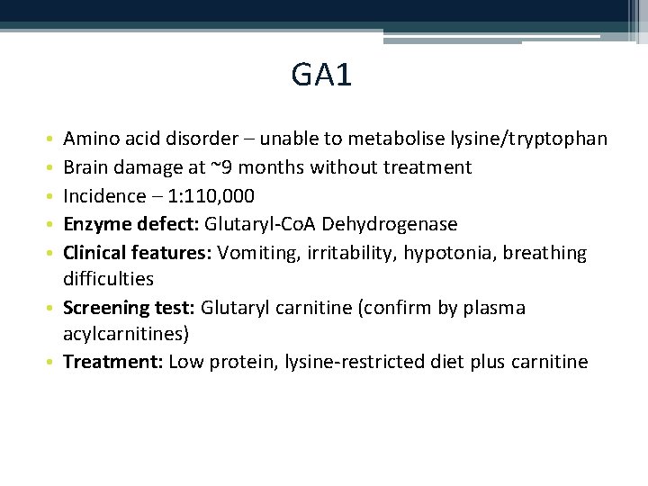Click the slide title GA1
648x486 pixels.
(x=321, y=75)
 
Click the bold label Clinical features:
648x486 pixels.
(x=137, y=253)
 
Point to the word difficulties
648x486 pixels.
(x=108, y=279)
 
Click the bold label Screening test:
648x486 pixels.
(x=129, y=308)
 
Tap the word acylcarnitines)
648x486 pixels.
(x=126, y=335)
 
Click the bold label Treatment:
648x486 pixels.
(x=112, y=363)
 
